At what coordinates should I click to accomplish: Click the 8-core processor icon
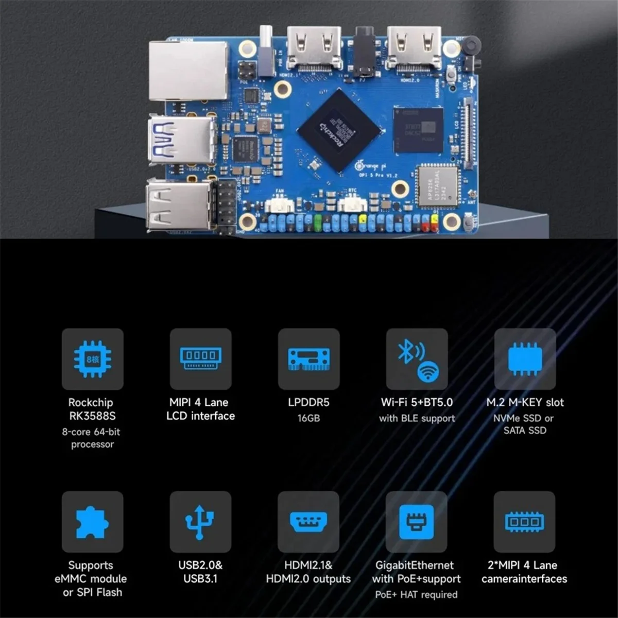(93, 359)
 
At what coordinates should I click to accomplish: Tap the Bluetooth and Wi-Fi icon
(417, 359)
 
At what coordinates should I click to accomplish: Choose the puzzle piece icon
(93, 522)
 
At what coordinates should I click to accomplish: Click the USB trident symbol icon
(200, 522)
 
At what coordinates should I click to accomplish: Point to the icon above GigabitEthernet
(416, 522)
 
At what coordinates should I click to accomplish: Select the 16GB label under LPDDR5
(308, 418)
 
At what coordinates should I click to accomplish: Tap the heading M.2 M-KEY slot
(525, 402)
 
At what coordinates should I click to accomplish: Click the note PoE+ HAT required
(416, 595)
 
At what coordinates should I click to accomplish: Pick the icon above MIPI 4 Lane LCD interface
(200, 359)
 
